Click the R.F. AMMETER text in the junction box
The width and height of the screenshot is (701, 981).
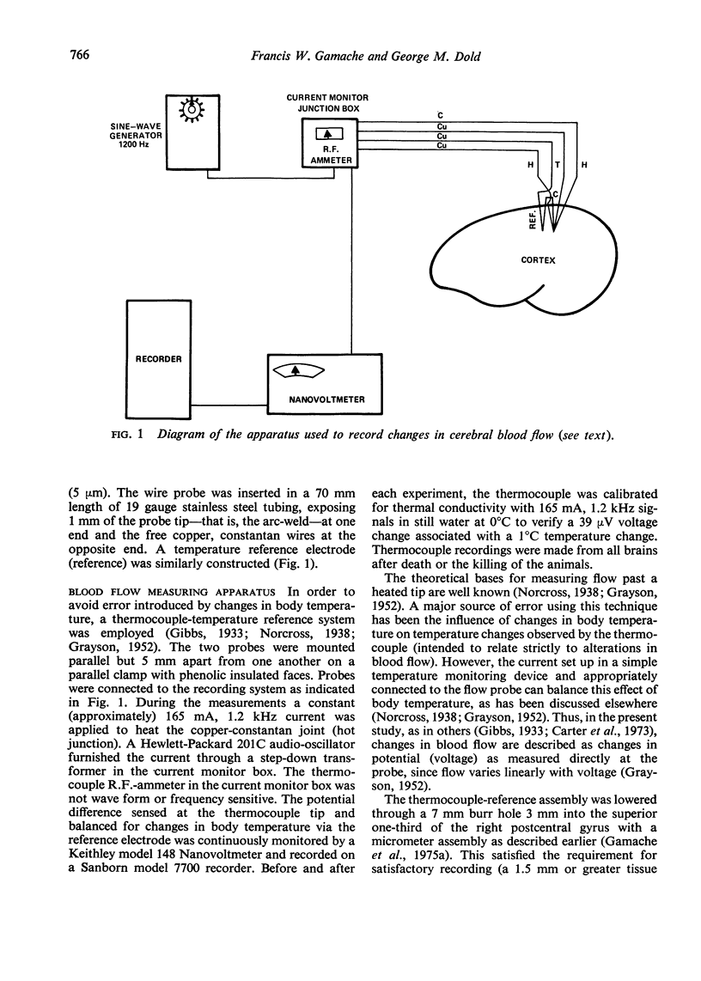328,153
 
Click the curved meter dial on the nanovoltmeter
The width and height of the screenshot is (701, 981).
296,369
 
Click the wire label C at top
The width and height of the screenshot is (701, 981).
440,115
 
